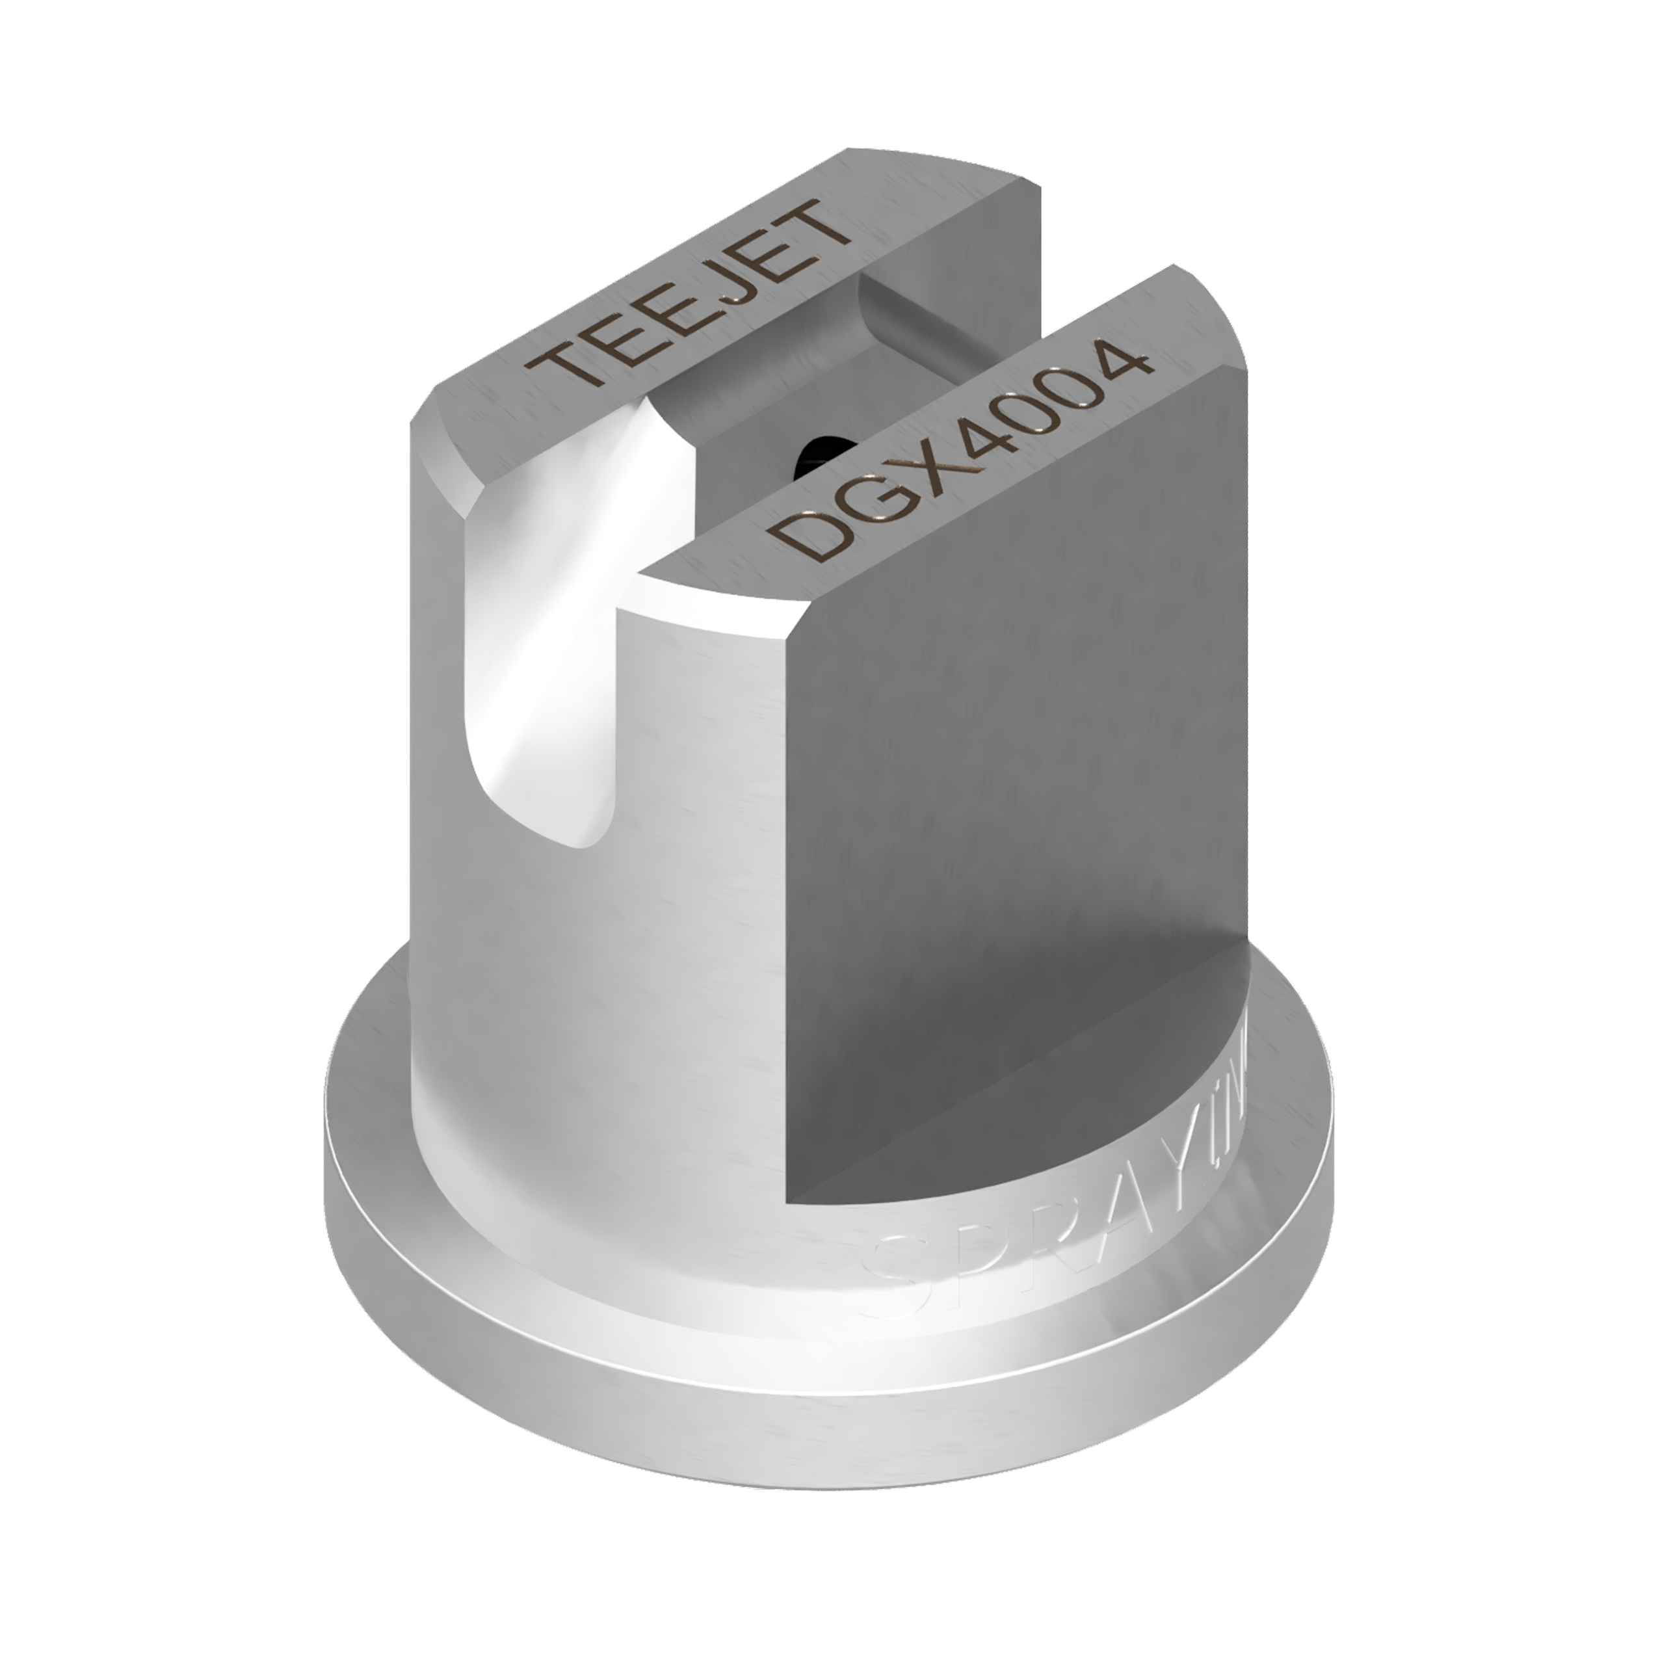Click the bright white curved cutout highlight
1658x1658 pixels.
tap(549, 652)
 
